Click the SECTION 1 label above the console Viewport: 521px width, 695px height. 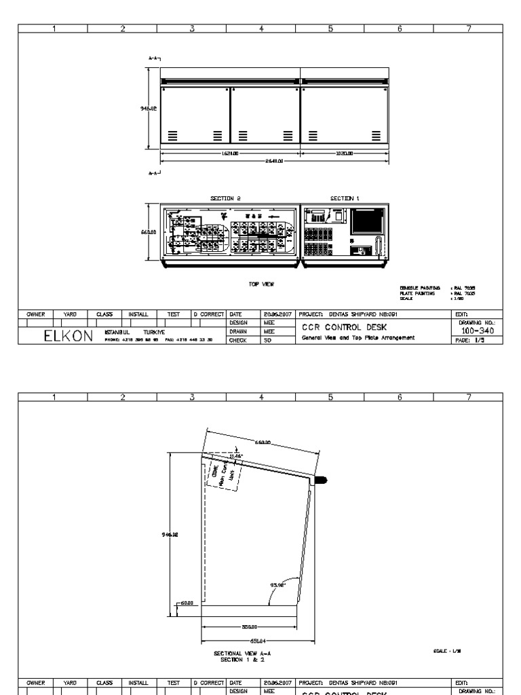(x=345, y=198)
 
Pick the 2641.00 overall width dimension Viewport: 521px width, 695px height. (x=274, y=162)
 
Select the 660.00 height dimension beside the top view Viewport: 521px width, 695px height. (x=149, y=231)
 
